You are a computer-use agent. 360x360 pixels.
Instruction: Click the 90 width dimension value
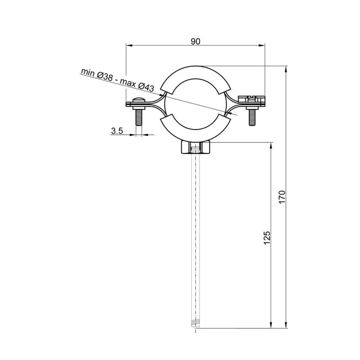point(195,41)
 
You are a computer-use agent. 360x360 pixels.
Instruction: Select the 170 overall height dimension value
point(282,197)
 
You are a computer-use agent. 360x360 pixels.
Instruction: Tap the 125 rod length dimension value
point(268,237)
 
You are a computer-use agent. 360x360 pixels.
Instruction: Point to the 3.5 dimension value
point(116,130)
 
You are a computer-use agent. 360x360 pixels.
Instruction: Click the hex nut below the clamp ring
point(195,148)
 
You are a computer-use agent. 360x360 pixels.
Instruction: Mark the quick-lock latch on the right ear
point(251,98)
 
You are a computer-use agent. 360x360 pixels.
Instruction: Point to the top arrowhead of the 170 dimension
point(286,69)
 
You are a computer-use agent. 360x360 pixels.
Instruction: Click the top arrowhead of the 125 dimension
point(272,145)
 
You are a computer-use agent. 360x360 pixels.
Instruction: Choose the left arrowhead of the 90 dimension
point(129,45)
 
